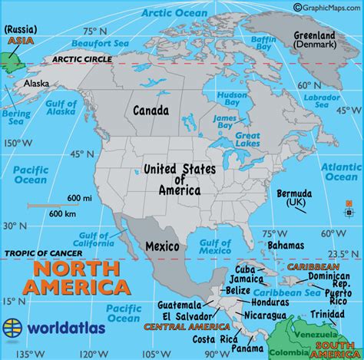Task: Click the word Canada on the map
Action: tap(151, 111)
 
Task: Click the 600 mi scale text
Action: tap(74, 198)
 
